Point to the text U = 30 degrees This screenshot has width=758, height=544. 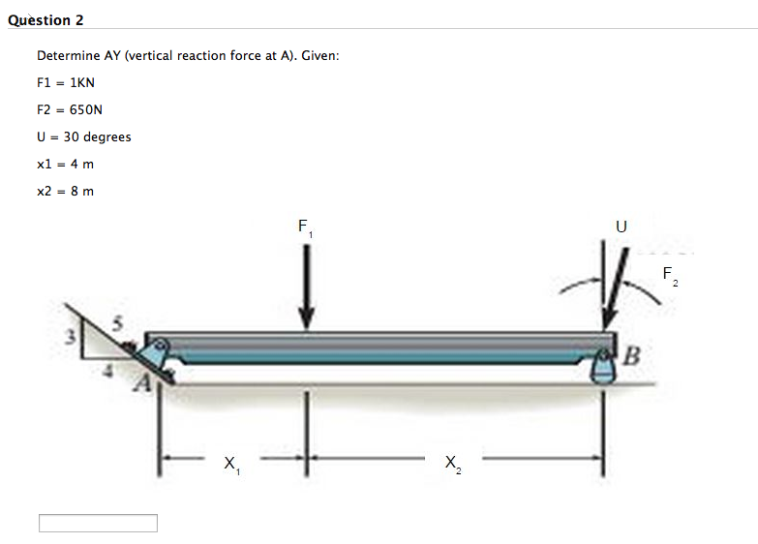pyautogui.click(x=83, y=136)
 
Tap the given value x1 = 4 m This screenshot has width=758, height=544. pyautogui.click(x=65, y=164)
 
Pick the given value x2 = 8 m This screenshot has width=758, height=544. pyautogui.click(x=65, y=191)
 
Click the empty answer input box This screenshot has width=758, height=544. pyautogui.click(x=98, y=523)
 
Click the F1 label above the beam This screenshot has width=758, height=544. pyautogui.click(x=304, y=228)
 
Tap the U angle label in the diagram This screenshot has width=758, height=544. pyautogui.click(x=621, y=227)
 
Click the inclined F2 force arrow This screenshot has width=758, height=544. pyautogui.click(x=617, y=290)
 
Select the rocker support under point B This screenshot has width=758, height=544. pyautogui.click(x=604, y=370)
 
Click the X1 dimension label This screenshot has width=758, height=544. pyautogui.click(x=231, y=465)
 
